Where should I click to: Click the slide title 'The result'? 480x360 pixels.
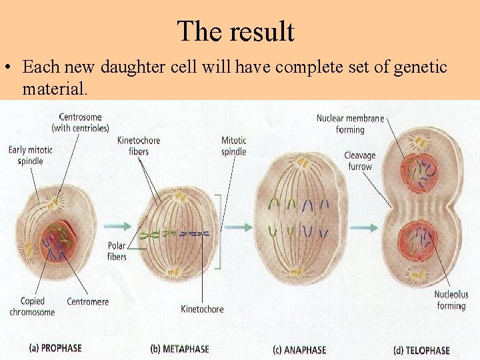coord(235,31)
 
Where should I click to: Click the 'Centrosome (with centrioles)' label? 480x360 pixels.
coord(80,123)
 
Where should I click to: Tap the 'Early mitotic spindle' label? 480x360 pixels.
coord(31,155)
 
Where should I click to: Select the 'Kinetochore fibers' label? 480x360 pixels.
coord(139,146)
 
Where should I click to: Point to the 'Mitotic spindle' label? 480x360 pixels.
coord(233,146)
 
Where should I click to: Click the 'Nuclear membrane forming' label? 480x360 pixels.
coord(350,124)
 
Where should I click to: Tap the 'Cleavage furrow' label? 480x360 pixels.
coord(359,161)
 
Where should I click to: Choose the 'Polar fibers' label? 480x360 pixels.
coord(117,251)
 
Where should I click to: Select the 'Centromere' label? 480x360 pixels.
coord(87,302)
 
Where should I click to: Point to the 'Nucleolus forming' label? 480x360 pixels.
coord(451,300)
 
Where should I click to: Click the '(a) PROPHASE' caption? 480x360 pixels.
coord(55,347)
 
